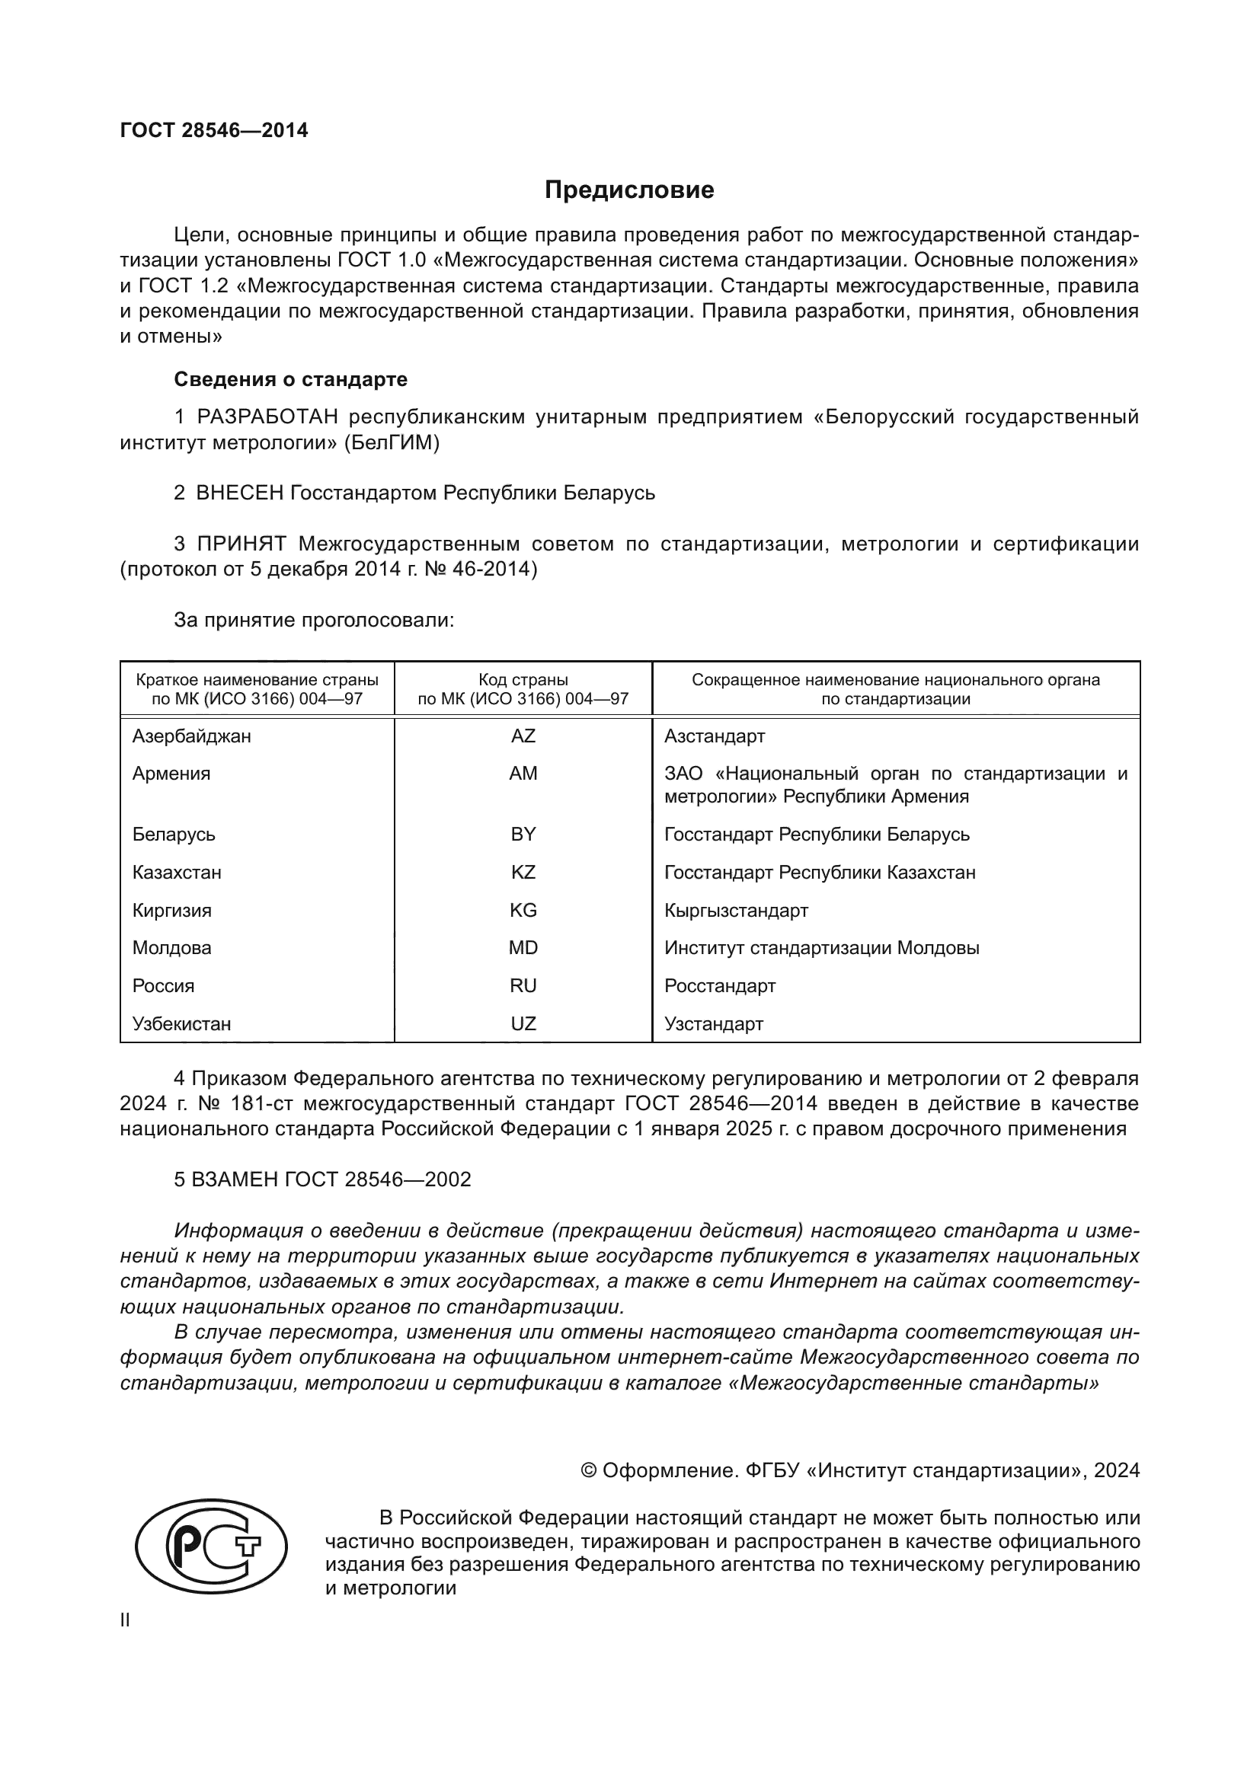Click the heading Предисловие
point(629,190)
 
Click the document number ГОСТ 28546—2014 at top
point(214,130)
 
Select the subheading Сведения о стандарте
point(290,379)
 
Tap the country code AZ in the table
point(523,736)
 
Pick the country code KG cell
point(523,910)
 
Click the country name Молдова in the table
point(171,947)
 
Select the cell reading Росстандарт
point(719,985)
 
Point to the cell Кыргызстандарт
point(736,910)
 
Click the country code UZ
point(523,1023)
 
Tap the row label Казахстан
point(177,872)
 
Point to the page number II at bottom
point(125,1620)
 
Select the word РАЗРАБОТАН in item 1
point(267,417)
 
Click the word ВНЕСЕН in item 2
point(240,493)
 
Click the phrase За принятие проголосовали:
point(313,620)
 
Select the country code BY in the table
point(523,834)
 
